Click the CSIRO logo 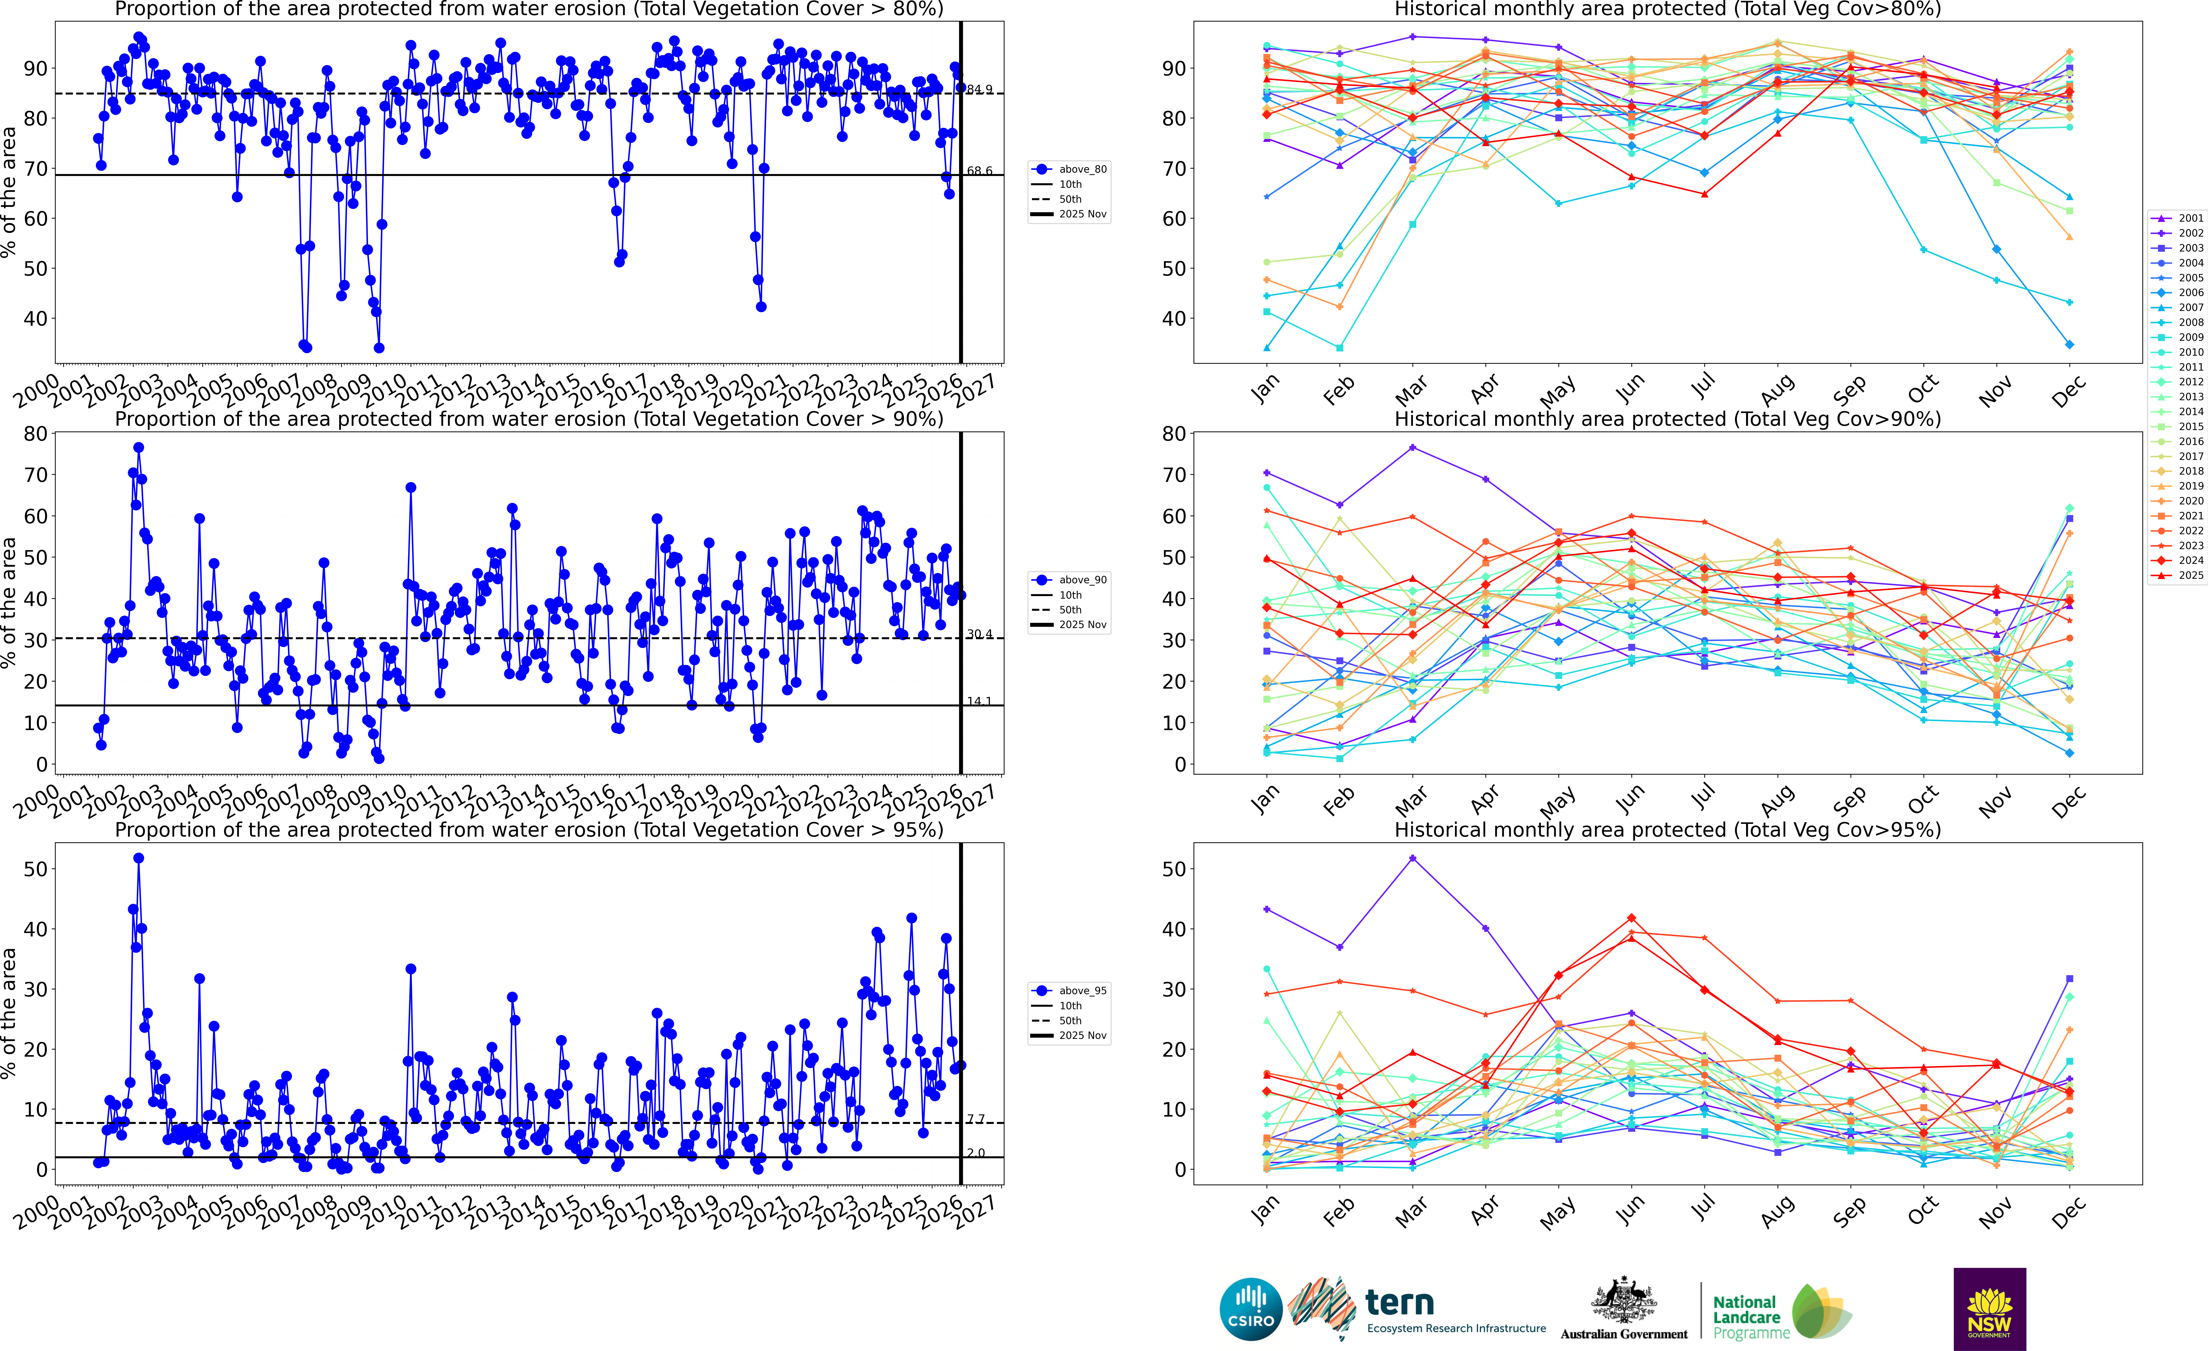pos(1251,1309)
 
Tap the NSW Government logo pos(1989,1309)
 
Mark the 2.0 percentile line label pos(976,1153)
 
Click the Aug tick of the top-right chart pos(1777,388)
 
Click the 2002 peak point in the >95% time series pos(139,858)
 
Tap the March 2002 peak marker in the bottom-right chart pos(1413,858)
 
